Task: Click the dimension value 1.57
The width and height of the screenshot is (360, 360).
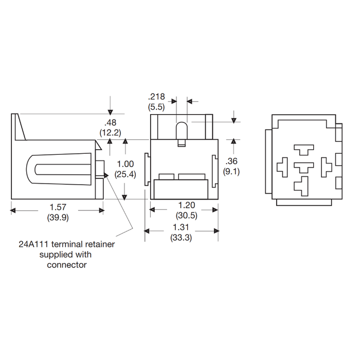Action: point(58,207)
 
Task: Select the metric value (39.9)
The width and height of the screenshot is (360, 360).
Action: point(58,218)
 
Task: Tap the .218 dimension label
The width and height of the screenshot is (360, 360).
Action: point(156,97)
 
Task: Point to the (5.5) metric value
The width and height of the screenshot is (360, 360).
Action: point(156,107)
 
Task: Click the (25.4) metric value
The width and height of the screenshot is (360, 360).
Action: point(125,174)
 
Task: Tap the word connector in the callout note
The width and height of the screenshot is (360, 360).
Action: point(67,265)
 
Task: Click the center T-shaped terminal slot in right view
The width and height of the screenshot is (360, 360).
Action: point(304,167)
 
